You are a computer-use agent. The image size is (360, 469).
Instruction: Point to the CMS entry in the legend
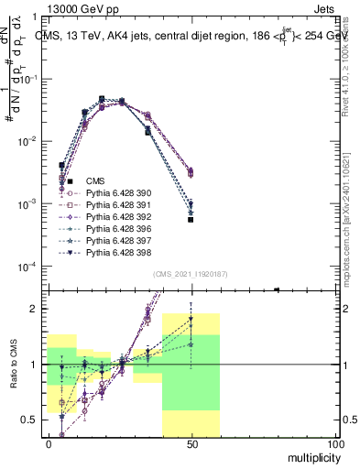95,181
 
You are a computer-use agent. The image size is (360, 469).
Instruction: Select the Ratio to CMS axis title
14,364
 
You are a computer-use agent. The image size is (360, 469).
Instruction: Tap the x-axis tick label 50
191,443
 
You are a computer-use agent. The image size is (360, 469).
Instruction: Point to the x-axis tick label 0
49,443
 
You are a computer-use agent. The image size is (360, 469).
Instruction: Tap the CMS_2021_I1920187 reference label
191,274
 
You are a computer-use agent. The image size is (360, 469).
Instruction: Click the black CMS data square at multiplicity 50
191,220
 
